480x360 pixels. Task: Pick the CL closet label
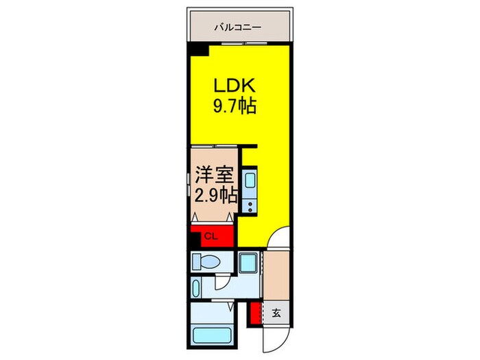(x=211, y=237)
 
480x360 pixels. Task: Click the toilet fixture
(x=205, y=261)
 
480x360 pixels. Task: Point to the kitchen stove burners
(x=248, y=203)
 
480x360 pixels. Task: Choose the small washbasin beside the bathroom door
(x=197, y=287)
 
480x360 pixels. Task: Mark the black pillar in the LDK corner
(x=197, y=50)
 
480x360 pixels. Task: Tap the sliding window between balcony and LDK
(x=232, y=43)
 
